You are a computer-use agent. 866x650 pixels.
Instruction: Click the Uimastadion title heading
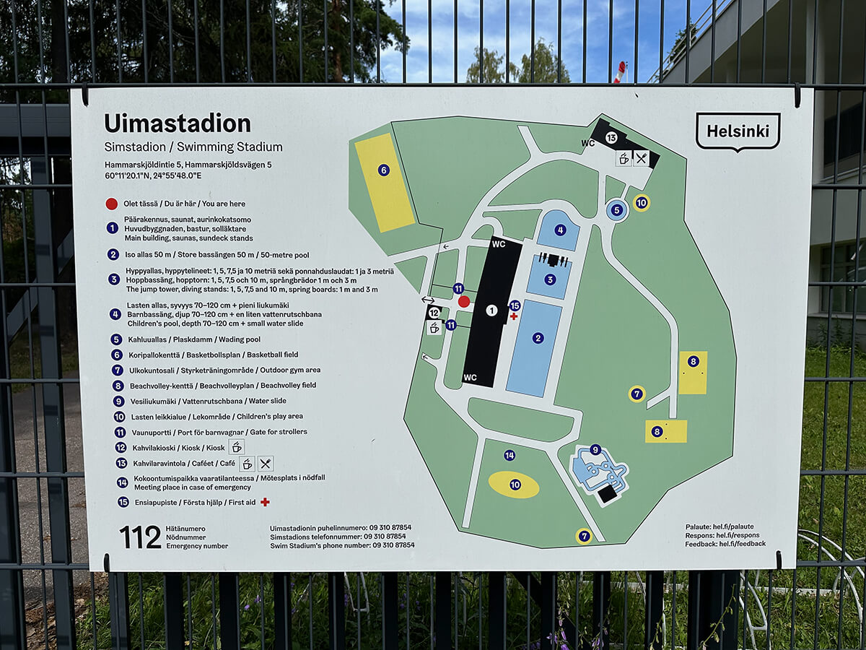tap(178, 123)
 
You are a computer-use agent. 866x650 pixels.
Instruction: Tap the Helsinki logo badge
tap(738, 131)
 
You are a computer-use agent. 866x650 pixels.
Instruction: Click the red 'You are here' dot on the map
tap(464, 301)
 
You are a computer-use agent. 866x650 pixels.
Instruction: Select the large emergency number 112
tap(140, 537)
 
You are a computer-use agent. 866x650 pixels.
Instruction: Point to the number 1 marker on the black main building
tap(491, 311)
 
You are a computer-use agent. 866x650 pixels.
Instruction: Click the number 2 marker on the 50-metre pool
tap(538, 337)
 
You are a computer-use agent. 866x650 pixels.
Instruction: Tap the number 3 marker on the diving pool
tap(550, 279)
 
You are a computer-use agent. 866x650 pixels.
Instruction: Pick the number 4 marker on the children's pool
tap(561, 230)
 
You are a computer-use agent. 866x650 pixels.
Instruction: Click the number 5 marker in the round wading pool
tap(616, 210)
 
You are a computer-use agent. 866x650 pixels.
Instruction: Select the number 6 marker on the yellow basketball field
tap(384, 170)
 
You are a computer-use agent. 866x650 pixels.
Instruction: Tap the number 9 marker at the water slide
tap(595, 449)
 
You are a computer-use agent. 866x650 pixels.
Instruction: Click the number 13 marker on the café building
tap(611, 137)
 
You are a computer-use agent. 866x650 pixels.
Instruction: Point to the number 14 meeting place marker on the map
tap(509, 455)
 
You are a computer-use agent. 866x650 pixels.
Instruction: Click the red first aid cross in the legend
tap(265, 502)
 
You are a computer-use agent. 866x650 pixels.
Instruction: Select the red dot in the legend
tap(112, 204)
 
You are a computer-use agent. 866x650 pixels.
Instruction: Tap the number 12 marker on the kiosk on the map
tap(434, 313)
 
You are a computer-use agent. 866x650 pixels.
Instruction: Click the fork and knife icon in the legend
tap(266, 464)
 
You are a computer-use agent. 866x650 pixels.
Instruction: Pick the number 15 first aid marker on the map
tap(515, 305)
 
